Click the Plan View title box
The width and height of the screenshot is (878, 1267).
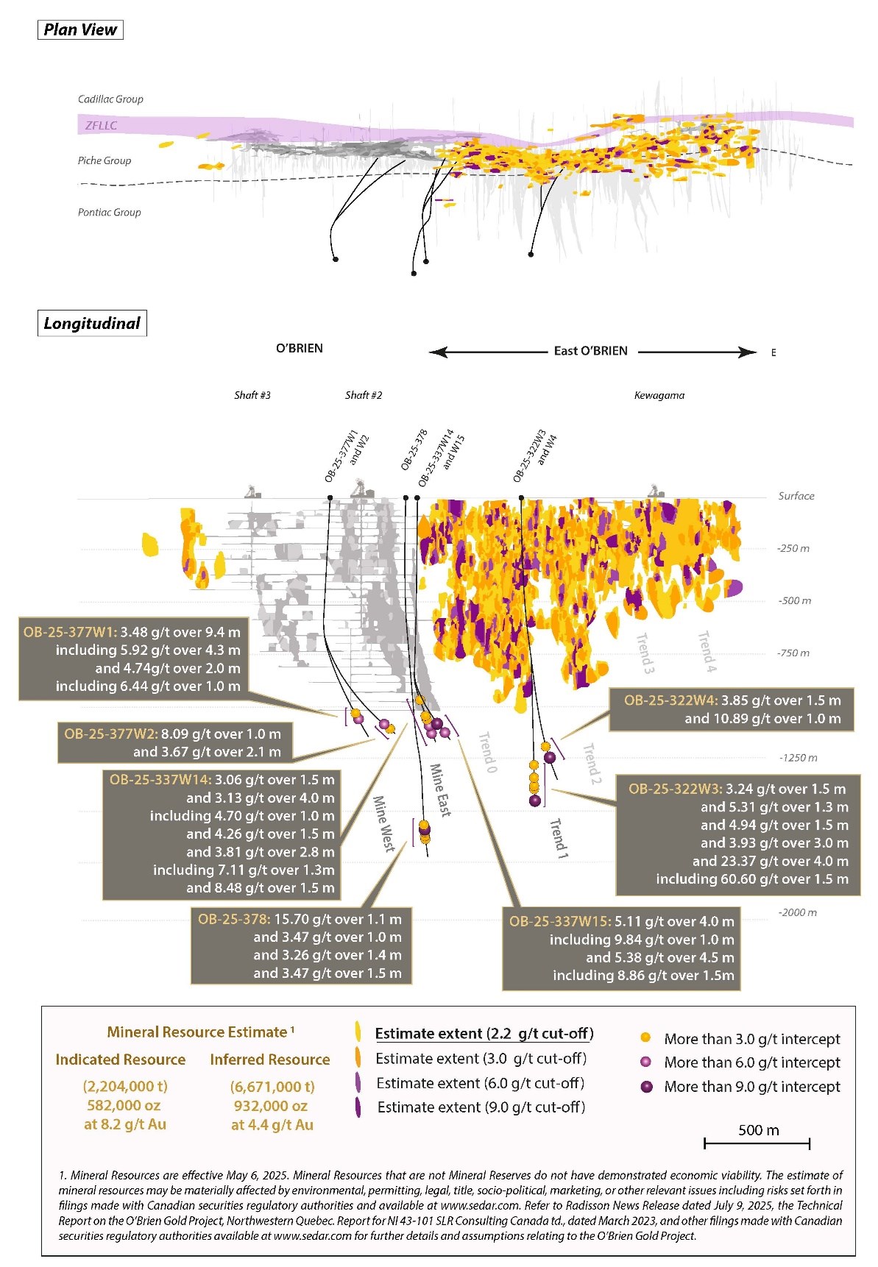click(x=80, y=29)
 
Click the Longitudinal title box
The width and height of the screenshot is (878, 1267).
click(x=92, y=324)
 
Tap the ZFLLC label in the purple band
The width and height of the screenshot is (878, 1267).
click(x=101, y=126)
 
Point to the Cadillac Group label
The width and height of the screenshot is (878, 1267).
click(x=110, y=99)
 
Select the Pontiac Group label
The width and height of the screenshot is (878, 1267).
click(x=109, y=213)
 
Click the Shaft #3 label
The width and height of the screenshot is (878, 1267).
click(x=252, y=395)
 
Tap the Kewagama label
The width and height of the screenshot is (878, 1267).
click(x=659, y=395)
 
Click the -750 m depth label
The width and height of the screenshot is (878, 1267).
click(x=793, y=653)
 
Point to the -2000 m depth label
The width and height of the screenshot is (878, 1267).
click(x=797, y=912)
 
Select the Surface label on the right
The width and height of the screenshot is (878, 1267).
click(x=796, y=496)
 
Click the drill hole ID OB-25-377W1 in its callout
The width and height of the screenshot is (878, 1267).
click(x=69, y=632)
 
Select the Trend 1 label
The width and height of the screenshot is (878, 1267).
click(x=559, y=838)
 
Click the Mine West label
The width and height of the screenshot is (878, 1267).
click(x=383, y=823)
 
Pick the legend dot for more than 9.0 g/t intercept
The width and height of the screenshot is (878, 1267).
click(x=647, y=1087)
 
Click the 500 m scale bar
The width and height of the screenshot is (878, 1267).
click(x=757, y=1143)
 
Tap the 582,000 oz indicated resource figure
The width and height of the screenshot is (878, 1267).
click(x=124, y=1105)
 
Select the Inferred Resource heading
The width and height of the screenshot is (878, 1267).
click(x=270, y=1060)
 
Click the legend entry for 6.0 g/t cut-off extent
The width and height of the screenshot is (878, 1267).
click(x=480, y=1083)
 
